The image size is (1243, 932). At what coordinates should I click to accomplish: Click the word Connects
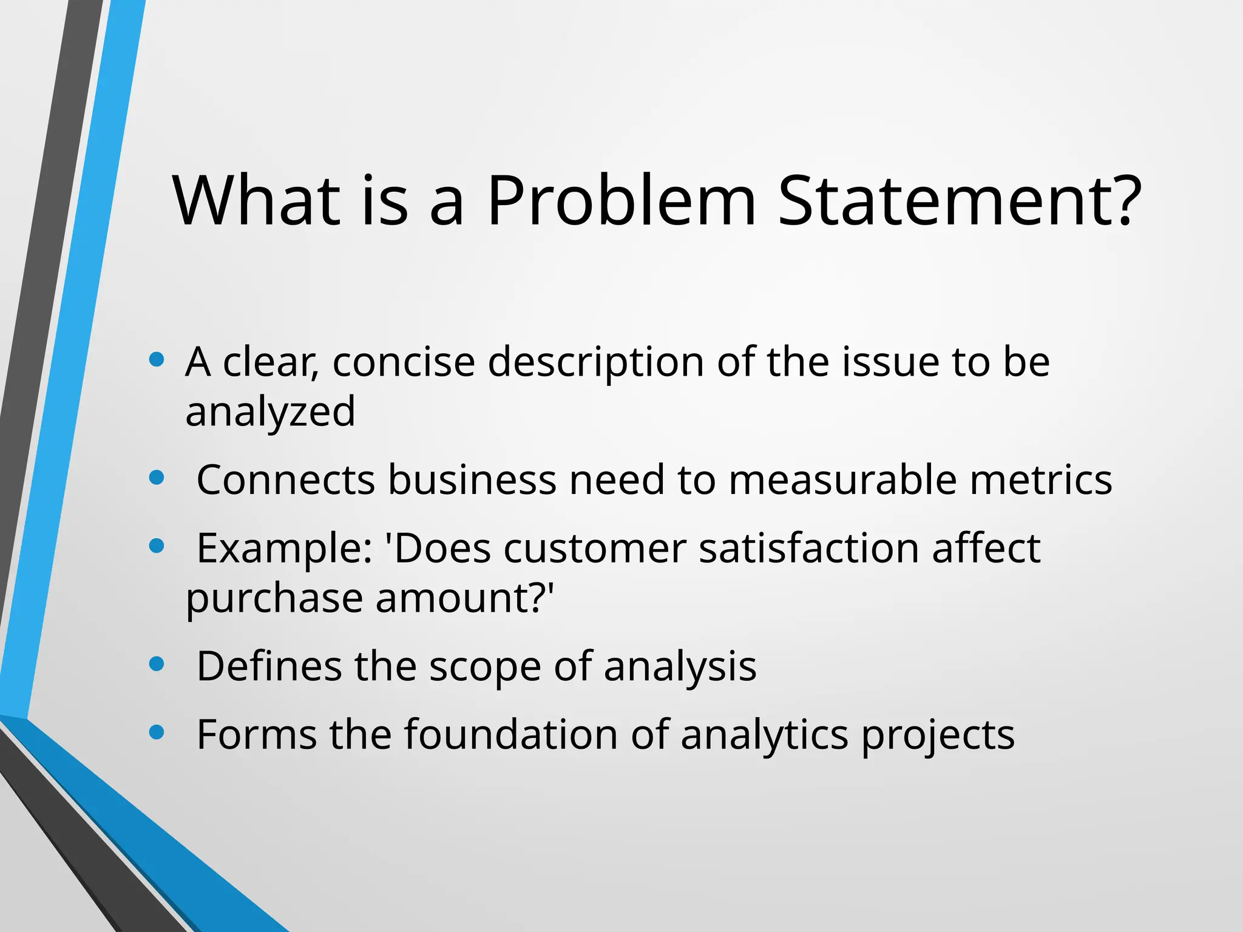pos(286,480)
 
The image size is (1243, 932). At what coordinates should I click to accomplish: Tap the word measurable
pos(842,480)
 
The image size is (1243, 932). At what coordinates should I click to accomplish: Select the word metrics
pos(1040,480)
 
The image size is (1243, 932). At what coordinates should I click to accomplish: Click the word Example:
pos(285,549)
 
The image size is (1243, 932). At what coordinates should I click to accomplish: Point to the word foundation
pos(511,734)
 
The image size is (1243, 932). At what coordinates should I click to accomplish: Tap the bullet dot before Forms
pos(157,732)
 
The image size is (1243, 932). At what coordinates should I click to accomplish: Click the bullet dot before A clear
pos(157,359)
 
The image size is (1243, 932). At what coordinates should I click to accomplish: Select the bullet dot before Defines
pos(157,664)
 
